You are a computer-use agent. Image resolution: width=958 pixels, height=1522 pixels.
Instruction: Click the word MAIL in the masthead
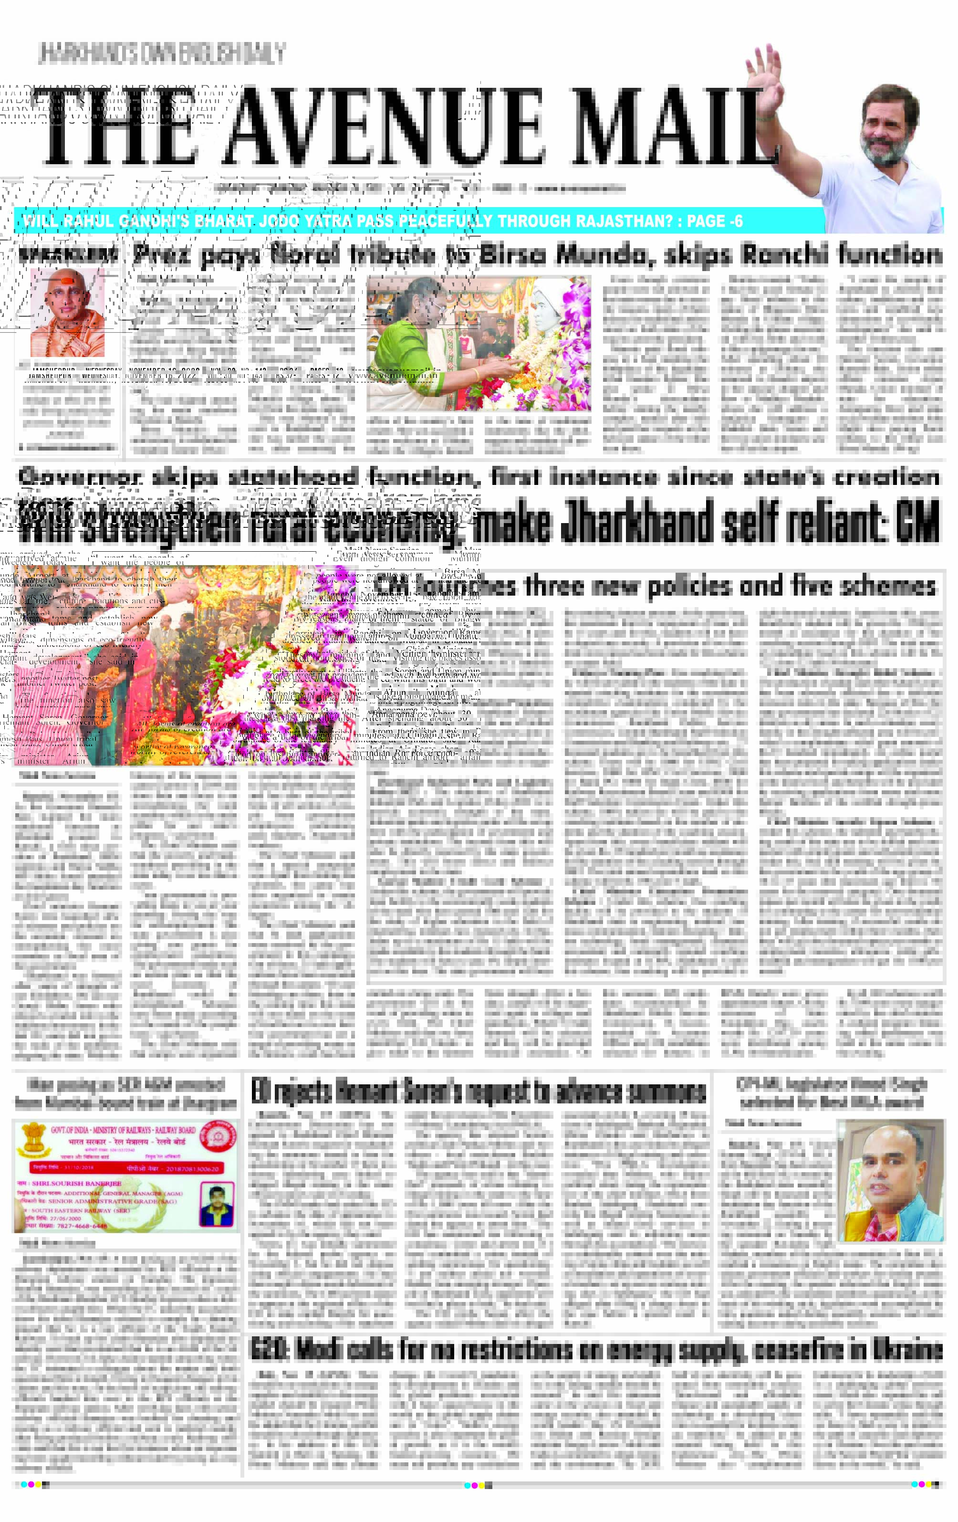click(676, 126)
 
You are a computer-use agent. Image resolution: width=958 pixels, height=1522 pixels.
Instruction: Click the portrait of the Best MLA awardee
click(890, 1180)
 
